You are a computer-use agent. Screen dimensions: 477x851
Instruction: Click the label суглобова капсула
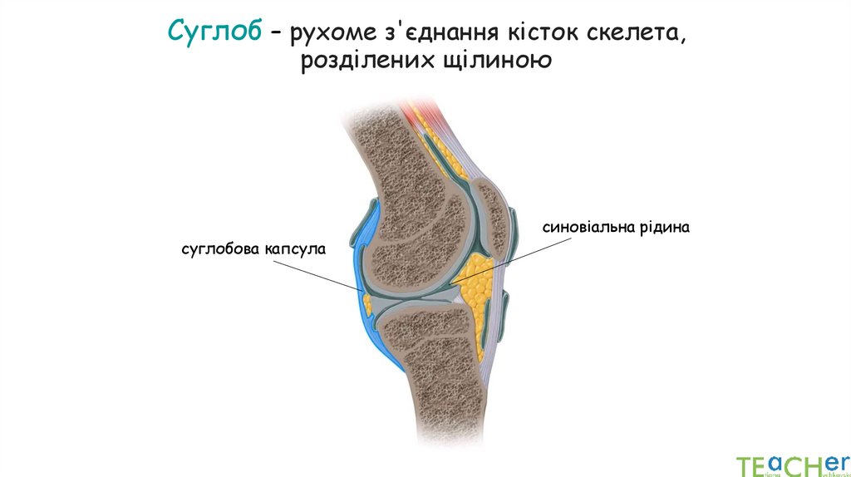(254, 248)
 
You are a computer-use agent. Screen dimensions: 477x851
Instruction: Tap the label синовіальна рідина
(617, 226)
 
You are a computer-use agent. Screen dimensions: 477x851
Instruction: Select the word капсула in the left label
(295, 248)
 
